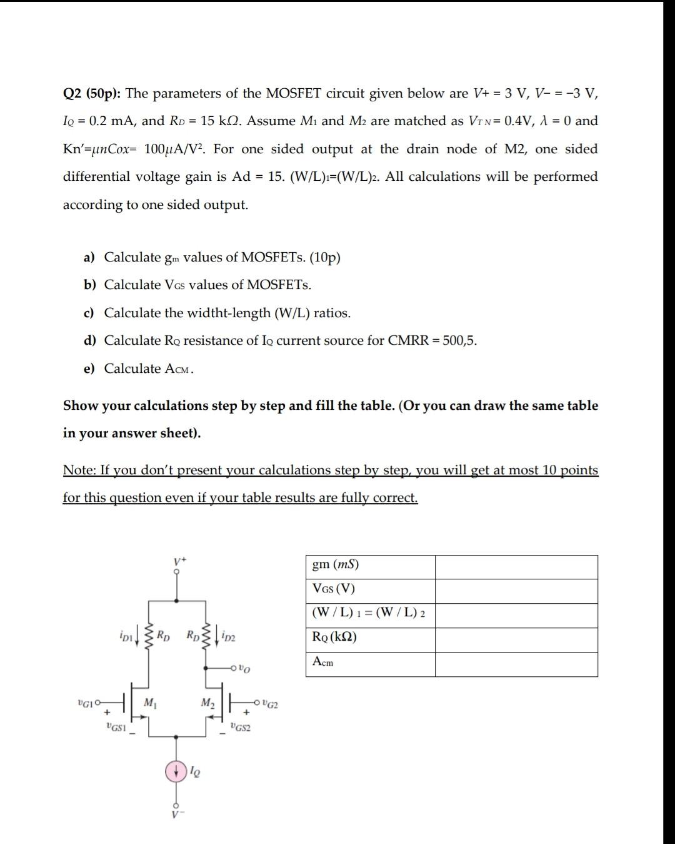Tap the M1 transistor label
[x=149, y=703]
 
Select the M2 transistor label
[x=207, y=703]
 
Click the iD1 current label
[x=126, y=637]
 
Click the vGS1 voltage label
[x=116, y=727]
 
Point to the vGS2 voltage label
[x=240, y=727]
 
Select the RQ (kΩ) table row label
[x=334, y=638]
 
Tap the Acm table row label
[x=322, y=662]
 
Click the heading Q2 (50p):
[x=92, y=94]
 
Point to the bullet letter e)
[x=89, y=369]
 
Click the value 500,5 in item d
[x=459, y=341]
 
